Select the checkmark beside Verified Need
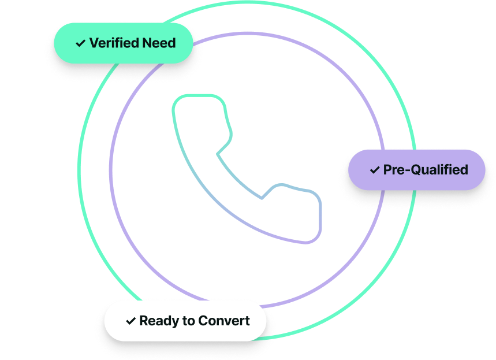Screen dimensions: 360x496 80,43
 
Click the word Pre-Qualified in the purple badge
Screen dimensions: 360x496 426,170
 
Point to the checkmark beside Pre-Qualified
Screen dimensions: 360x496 375,170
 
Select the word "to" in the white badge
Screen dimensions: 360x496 187,321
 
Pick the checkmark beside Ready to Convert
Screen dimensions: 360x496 130,321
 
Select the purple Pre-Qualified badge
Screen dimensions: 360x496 416,169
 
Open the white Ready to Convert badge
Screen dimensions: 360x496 185,320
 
